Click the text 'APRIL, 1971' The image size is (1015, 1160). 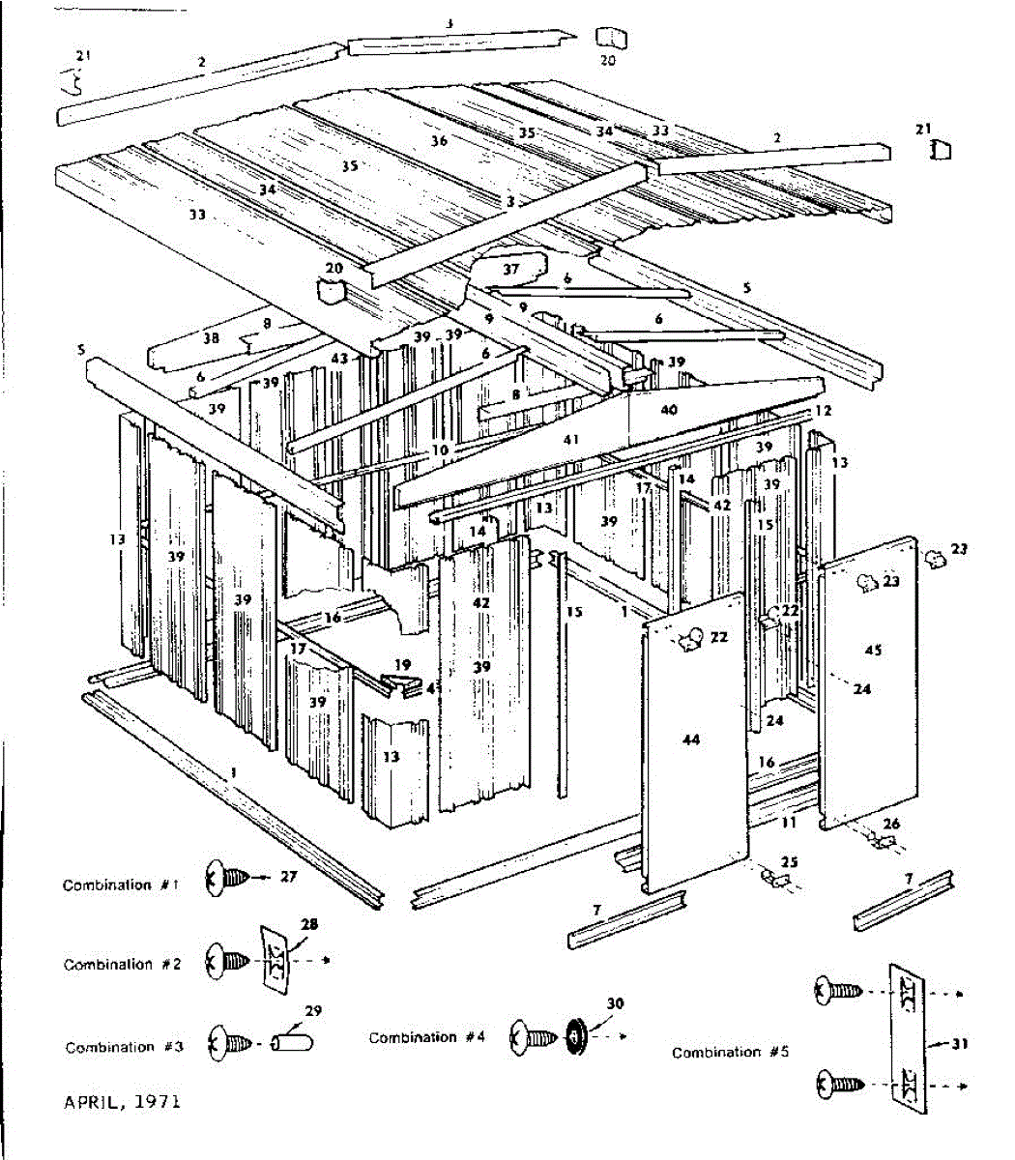122,1101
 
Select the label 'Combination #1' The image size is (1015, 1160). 121,884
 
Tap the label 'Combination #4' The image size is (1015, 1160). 426,1037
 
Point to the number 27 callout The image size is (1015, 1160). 288,877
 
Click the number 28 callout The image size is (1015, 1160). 308,924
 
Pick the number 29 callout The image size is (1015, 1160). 312,1011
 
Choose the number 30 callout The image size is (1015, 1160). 616,1003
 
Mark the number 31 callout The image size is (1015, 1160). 959,1043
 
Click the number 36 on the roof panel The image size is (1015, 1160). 439,141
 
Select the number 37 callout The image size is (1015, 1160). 510,269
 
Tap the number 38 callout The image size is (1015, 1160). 211,338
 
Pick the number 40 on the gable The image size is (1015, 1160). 669,410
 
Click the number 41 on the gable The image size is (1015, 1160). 570,440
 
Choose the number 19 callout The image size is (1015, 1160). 402,665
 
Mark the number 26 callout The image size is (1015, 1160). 891,824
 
